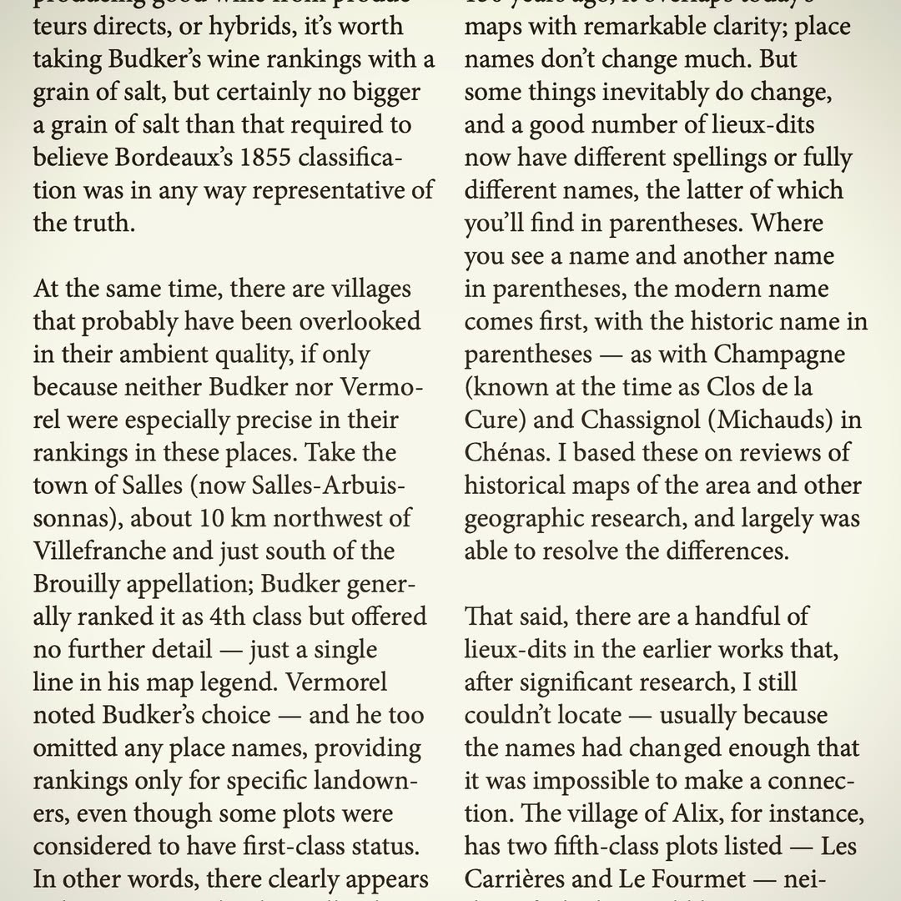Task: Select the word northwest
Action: [x=343, y=518]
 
